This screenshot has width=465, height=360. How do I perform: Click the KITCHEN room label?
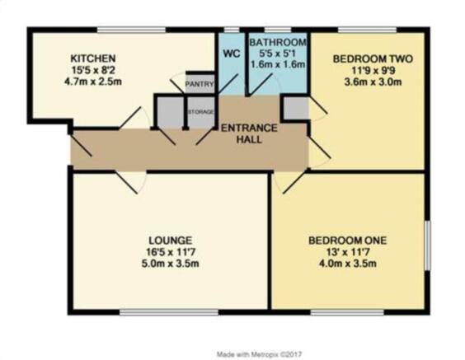(x=93, y=58)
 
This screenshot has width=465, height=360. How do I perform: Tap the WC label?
(x=232, y=54)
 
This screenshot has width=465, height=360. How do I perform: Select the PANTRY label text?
(x=200, y=84)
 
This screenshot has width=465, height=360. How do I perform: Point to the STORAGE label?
(x=201, y=112)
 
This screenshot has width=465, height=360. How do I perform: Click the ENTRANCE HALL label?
(x=249, y=133)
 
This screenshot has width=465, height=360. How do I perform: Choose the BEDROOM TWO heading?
(x=373, y=59)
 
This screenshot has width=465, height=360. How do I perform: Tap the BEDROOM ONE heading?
(x=348, y=241)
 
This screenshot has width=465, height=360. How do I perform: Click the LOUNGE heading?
(x=170, y=240)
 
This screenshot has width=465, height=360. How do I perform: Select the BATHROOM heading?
(x=278, y=42)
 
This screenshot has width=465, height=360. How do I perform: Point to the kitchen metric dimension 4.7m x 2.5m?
(x=93, y=82)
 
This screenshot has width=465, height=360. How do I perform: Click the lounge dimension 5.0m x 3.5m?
(x=170, y=263)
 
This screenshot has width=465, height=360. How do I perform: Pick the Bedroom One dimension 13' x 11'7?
(x=348, y=252)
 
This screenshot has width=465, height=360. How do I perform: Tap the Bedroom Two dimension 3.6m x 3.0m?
(x=373, y=82)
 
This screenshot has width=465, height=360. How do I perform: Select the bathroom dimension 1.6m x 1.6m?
(x=278, y=64)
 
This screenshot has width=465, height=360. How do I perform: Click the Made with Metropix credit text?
(x=259, y=354)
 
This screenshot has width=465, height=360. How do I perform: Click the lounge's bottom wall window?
(x=169, y=312)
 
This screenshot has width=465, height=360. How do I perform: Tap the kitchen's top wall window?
(x=132, y=30)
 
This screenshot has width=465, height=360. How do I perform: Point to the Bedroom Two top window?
(x=367, y=30)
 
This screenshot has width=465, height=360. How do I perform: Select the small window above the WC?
(x=232, y=30)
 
